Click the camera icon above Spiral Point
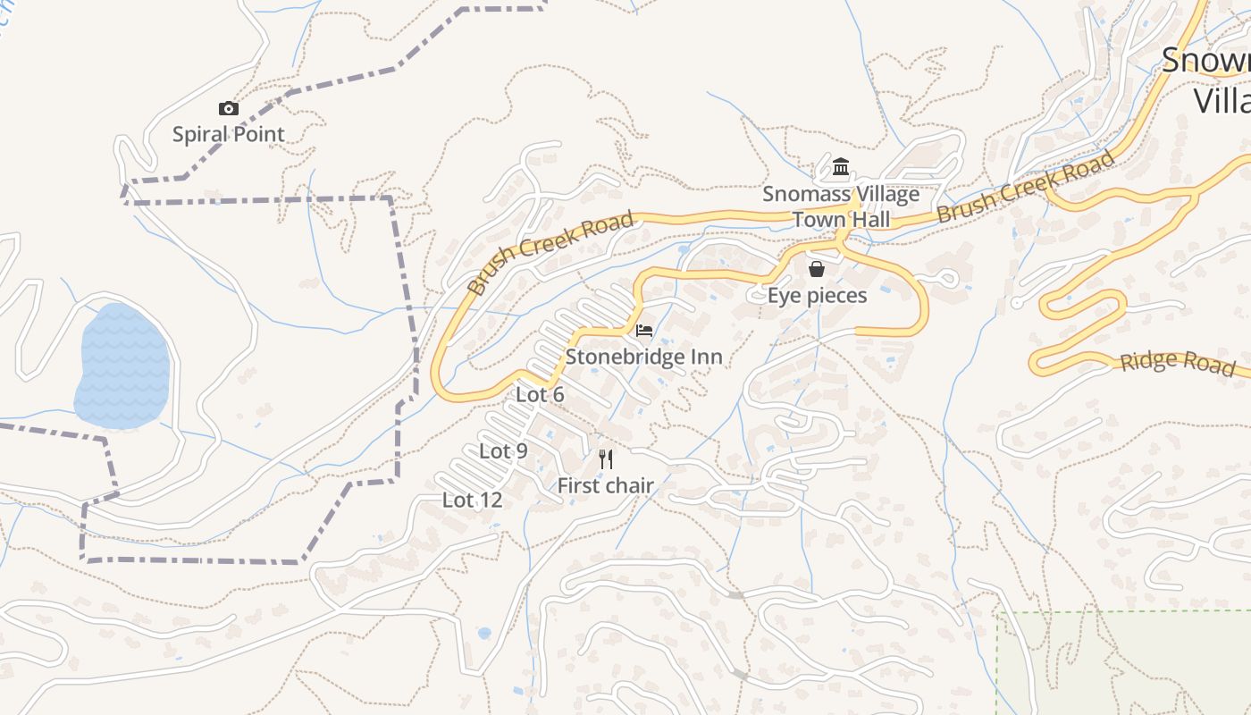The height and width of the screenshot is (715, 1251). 229,109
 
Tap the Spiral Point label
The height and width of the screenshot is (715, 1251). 229,135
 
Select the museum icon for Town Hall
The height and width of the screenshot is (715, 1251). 841,167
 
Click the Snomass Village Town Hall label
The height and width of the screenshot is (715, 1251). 841,206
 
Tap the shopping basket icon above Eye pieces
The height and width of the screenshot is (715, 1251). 817,269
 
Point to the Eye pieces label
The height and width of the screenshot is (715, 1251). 818,296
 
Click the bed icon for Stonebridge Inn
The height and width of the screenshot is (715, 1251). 644,331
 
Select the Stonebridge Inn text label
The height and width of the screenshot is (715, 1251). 644,357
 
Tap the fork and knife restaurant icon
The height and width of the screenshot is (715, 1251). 607,459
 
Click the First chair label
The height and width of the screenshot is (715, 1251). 606,486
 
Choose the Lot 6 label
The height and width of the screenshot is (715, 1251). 540,394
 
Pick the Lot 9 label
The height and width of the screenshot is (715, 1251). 503,451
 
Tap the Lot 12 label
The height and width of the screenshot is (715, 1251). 473,500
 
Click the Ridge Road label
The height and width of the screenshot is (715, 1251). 1178,362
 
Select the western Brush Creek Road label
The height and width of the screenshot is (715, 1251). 550,253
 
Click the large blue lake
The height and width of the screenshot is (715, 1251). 122,366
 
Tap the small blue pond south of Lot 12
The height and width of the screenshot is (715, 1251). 484,633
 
